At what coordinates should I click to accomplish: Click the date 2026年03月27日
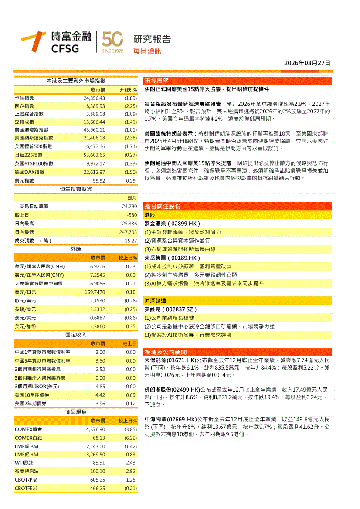pyautogui.click(x=307, y=63)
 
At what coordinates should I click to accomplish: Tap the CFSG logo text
pyautogui.click(x=65, y=48)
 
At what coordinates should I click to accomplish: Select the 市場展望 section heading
pyautogui.click(x=156, y=81)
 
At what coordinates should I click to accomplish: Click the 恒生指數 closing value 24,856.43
pyautogui.click(x=94, y=98)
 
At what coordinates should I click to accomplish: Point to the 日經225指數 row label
pyautogui.click(x=28, y=155)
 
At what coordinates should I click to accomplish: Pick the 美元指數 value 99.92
pyautogui.click(x=98, y=180)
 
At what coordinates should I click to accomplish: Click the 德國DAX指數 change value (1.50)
pyautogui.click(x=130, y=172)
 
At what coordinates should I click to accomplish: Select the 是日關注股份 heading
pyautogui.click(x=162, y=206)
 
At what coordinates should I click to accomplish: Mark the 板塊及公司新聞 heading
pyautogui.click(x=166, y=352)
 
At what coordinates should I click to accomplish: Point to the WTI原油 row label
pyautogui.click(x=24, y=463)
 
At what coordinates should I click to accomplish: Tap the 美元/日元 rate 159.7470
pyautogui.click(x=95, y=292)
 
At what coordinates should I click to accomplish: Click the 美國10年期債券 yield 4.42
pyautogui.click(x=100, y=395)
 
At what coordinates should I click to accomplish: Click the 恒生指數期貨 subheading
pyautogui.click(x=76, y=189)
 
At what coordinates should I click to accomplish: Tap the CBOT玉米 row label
pyautogui.click(x=26, y=488)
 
